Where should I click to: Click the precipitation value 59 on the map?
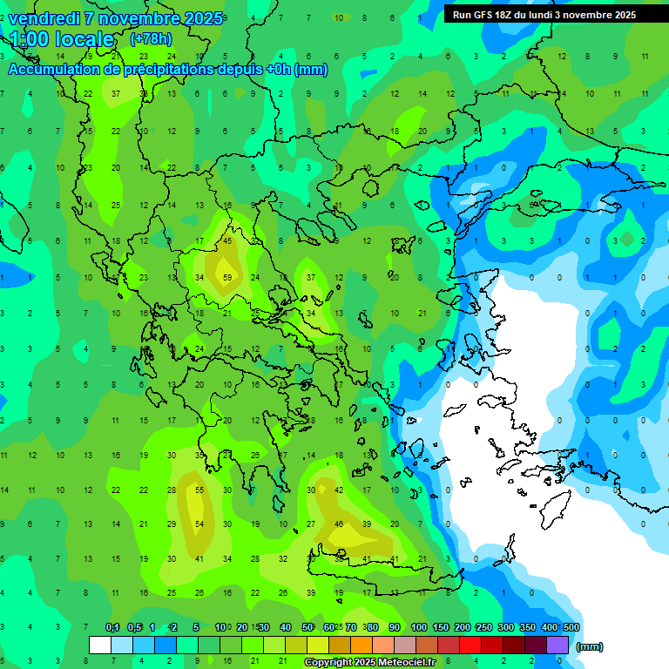tap(228, 278)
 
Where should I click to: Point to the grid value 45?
tap(228, 240)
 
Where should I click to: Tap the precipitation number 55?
tap(199, 490)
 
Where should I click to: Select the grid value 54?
tap(199, 524)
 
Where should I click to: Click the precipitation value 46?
tap(339, 524)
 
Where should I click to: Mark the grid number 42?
tap(339, 490)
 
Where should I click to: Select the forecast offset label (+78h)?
tap(151, 38)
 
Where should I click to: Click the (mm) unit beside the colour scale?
tap(590, 646)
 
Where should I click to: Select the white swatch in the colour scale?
tap(100, 645)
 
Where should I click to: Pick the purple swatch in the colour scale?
tap(557, 645)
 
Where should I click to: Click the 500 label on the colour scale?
tap(571, 627)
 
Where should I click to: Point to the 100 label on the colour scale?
tap(419, 627)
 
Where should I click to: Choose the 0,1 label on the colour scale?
tap(112, 627)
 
